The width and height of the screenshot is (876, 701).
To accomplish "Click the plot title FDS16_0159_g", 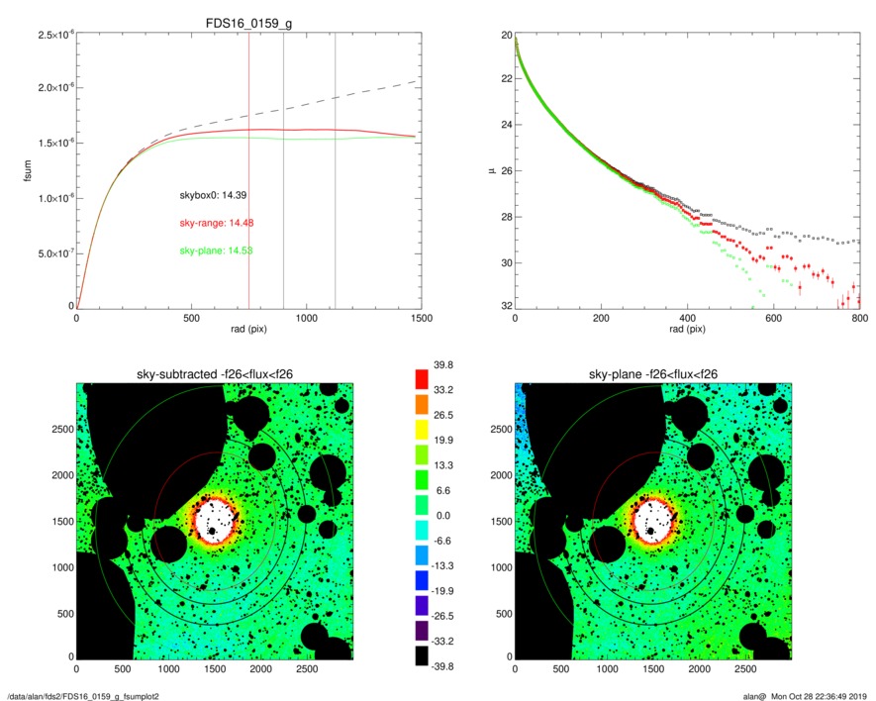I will pos(248,24).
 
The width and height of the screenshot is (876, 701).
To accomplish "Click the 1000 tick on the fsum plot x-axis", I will pos(306,319).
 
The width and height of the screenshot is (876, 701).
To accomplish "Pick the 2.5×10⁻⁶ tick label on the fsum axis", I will pos(49,36).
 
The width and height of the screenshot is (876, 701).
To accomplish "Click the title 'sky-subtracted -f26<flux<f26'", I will pos(215,373).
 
